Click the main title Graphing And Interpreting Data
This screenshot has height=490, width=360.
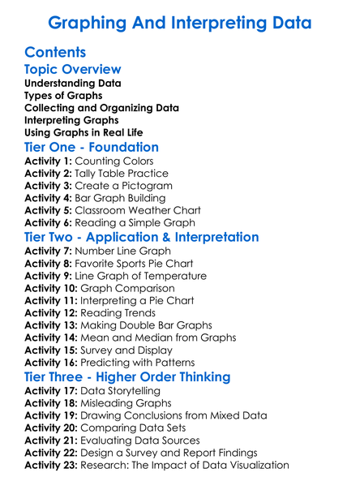[180, 22]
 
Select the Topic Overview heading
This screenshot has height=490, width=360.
[73, 70]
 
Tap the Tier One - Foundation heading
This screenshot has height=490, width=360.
[92, 147]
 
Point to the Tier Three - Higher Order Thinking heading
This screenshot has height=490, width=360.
[139, 376]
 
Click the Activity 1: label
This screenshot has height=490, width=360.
[50, 161]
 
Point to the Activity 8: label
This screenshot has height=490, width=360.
[50, 264]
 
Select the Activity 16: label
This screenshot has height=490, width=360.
[54, 362]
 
